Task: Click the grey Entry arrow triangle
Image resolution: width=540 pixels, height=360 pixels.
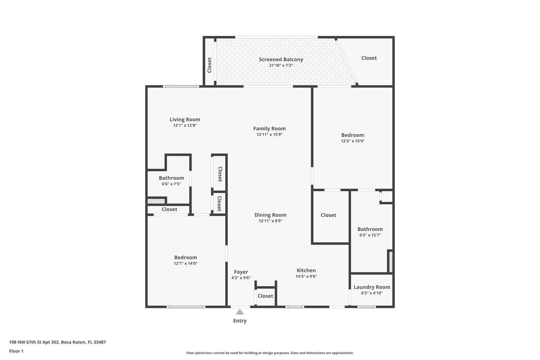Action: click(240, 312)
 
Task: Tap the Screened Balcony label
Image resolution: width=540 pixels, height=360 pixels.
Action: click(281, 59)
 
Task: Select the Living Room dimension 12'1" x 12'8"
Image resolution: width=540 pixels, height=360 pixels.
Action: click(185, 126)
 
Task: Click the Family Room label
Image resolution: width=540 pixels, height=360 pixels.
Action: click(269, 129)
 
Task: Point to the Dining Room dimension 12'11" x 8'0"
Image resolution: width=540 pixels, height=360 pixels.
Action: click(270, 221)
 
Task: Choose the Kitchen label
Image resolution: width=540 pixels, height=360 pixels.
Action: click(306, 270)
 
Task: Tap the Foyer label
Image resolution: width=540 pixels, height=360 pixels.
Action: click(241, 272)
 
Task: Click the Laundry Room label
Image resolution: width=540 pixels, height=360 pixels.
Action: click(372, 287)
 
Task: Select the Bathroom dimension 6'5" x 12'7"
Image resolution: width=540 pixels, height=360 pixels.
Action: click(370, 235)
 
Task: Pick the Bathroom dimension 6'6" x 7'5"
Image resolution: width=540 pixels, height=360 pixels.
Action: click(171, 184)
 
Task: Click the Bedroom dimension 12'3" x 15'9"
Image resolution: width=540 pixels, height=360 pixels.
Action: click(353, 141)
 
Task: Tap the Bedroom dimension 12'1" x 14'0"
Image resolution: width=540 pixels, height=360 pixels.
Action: click(186, 263)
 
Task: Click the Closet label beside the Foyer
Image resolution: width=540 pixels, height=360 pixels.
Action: click(265, 296)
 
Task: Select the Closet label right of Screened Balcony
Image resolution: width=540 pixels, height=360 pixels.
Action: click(369, 58)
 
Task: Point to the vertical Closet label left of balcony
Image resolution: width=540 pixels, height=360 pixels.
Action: click(210, 65)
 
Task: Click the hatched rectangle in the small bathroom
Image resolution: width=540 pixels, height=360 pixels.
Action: click(156, 201)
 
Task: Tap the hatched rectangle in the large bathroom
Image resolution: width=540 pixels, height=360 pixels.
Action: click(390, 261)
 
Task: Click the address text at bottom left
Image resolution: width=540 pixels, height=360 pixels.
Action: click(57, 342)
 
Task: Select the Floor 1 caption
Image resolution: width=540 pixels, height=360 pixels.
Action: click(16, 351)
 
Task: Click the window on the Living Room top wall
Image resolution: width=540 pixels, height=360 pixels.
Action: click(181, 86)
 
